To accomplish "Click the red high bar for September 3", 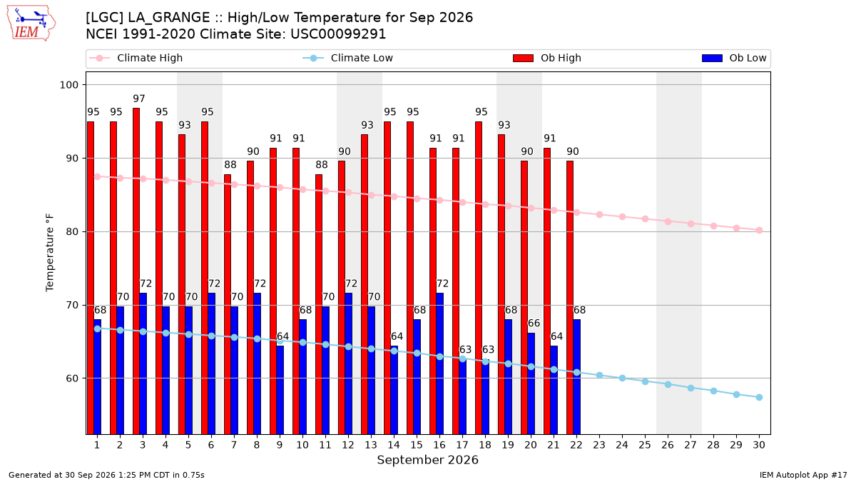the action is pos(136,271).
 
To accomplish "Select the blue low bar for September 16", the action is pos(440,363).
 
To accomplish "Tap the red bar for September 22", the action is pos(570,297).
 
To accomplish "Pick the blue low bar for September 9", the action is pos(280,390).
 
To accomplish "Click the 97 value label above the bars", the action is pos(139,99).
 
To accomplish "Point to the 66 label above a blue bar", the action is pos(534,323).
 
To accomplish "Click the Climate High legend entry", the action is pos(136,58).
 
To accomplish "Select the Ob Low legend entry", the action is pos(734,58).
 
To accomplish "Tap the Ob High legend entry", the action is pos(547,58).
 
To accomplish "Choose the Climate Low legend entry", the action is pos(348,58).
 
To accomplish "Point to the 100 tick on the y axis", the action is pos(68,85).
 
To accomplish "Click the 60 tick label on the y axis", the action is pos(72,378).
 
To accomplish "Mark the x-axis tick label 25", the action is pos(645,445).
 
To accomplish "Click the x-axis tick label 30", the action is pos(759,445).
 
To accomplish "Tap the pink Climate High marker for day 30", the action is pos(759,230).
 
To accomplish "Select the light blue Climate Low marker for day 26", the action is pos(668,384).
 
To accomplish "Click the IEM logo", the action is pos(31,24).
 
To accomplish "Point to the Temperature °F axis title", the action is pos(50,253).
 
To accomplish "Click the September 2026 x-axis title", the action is pos(427,460).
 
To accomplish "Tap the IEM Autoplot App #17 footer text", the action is pos(803,475).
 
